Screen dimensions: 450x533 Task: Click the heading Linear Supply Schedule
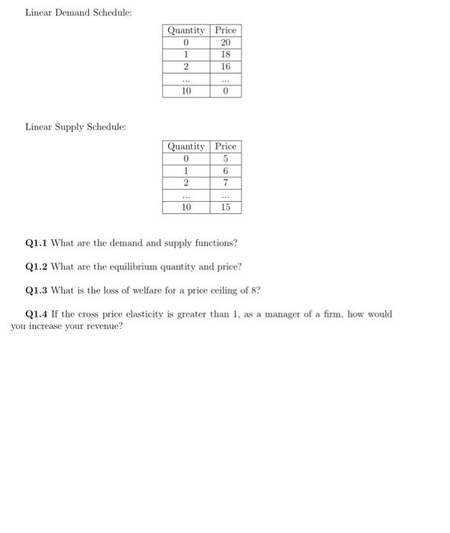[75, 126]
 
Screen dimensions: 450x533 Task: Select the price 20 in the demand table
[225, 43]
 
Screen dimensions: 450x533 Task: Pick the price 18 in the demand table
[225, 55]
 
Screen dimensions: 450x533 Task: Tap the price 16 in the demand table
[225, 67]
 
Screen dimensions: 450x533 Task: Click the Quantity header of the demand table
[186, 30]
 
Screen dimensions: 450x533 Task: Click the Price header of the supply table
[225, 146]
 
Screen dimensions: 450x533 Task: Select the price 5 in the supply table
[225, 158]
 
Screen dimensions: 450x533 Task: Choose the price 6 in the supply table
[225, 171]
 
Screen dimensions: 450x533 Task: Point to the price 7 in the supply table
[225, 183]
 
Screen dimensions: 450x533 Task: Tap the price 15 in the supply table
[225, 207]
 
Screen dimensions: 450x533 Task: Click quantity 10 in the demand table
[186, 91]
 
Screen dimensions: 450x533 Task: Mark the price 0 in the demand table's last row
[225, 91]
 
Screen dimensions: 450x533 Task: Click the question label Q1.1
[36, 243]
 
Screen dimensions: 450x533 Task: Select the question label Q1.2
[36, 266]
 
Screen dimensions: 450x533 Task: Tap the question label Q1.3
[36, 290]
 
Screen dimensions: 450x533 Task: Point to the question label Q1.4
[36, 314]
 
